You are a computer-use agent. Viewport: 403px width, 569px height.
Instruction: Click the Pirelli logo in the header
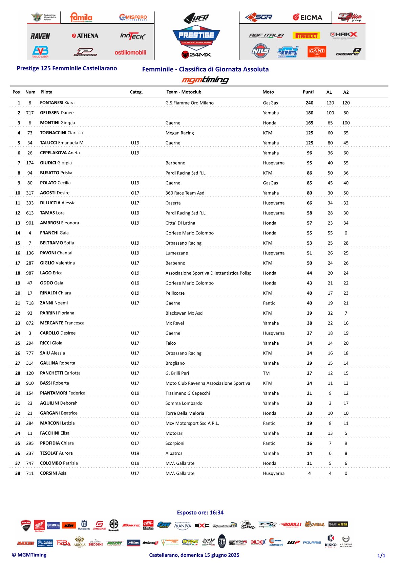pyautogui.click(x=306, y=36)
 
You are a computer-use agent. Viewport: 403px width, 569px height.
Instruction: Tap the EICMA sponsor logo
pyautogui.click(x=307, y=17)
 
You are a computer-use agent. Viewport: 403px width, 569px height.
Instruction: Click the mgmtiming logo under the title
pyautogui.click(x=205, y=80)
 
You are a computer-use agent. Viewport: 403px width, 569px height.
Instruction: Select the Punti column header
pyautogui.click(x=308, y=92)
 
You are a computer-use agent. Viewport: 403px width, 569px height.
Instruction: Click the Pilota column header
pyautogui.click(x=46, y=92)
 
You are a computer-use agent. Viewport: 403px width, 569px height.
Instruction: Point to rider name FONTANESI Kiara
pyautogui.click(x=57, y=103)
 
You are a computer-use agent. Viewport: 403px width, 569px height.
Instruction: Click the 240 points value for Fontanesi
pyautogui.click(x=309, y=103)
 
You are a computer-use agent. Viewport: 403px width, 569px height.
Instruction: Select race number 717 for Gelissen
pyautogui.click(x=30, y=113)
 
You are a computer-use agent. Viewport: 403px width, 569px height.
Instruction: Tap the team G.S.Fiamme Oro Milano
pyautogui.click(x=189, y=103)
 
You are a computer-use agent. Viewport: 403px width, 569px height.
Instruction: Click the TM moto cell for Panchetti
pyautogui.click(x=266, y=373)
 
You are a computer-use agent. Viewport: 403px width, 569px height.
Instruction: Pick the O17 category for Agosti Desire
pyautogui.click(x=135, y=193)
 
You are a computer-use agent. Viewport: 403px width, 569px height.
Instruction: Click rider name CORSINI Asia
pyautogui.click(x=53, y=473)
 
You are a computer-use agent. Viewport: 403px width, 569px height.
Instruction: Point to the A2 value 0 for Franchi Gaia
pyautogui.click(x=346, y=233)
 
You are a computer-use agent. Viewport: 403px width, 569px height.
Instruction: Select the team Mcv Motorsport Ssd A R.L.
pyautogui.click(x=192, y=423)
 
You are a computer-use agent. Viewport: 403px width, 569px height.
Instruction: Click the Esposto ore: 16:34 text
pyautogui.click(x=200, y=513)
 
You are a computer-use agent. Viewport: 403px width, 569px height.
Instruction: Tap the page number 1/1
pyautogui.click(x=381, y=555)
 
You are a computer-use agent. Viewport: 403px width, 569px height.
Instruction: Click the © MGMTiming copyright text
pyautogui.click(x=29, y=555)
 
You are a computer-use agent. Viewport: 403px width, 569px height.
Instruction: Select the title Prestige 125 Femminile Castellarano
pyautogui.click(x=67, y=68)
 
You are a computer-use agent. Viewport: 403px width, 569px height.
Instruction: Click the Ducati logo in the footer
pyautogui.click(x=26, y=525)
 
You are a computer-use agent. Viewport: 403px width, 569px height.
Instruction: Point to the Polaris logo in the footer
pyautogui.click(x=312, y=542)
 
